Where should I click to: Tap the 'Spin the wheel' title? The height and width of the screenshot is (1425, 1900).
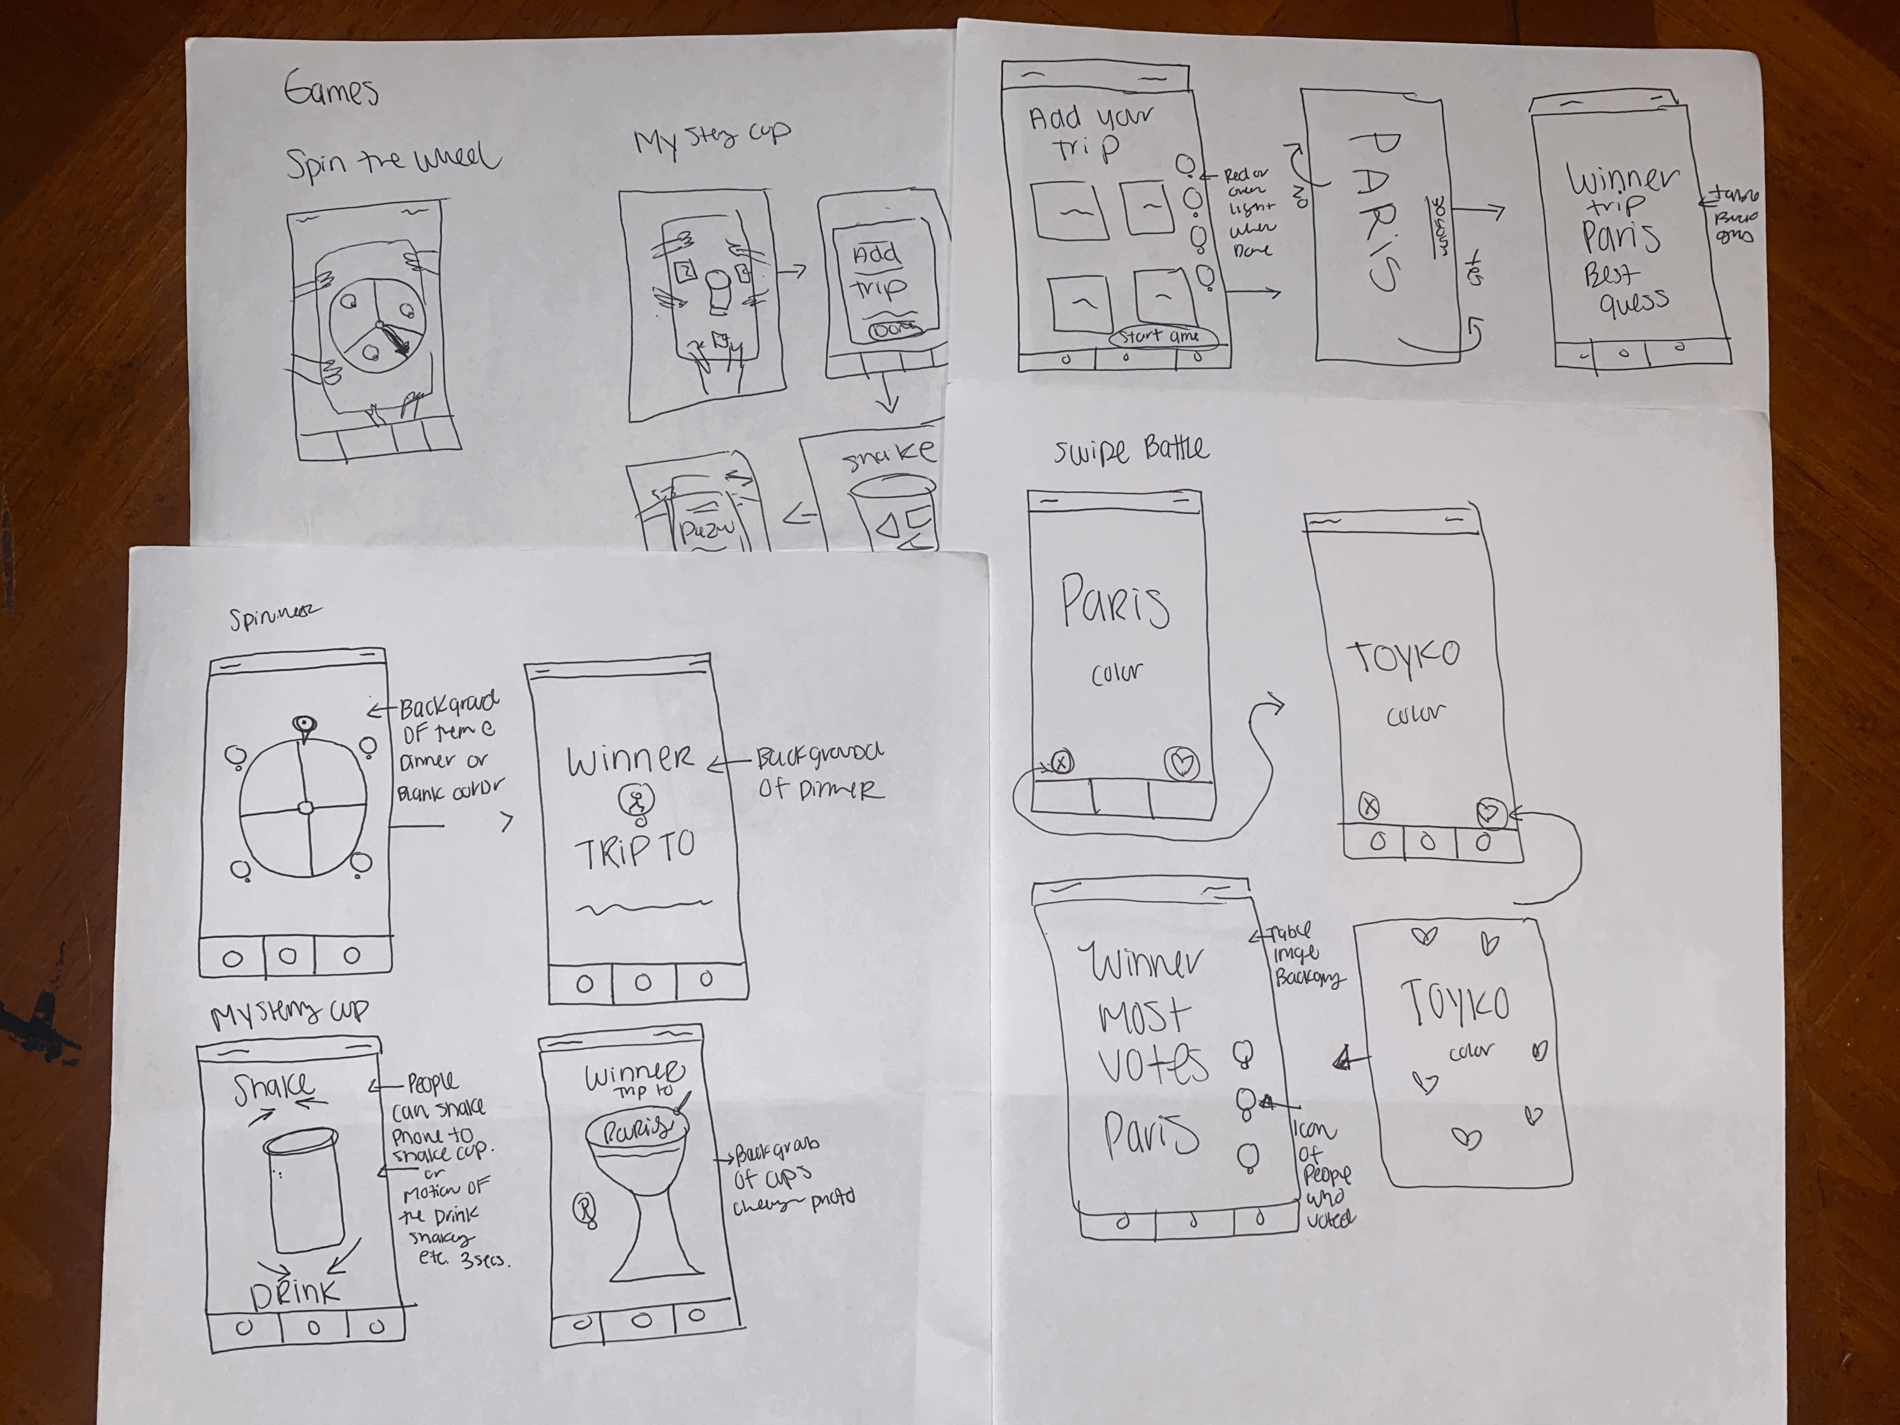pos(393,163)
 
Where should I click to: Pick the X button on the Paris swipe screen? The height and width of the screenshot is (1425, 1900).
pos(1062,762)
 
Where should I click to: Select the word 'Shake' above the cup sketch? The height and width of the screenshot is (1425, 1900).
pos(274,1088)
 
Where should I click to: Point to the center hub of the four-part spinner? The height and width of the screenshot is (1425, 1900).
pos(305,807)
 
